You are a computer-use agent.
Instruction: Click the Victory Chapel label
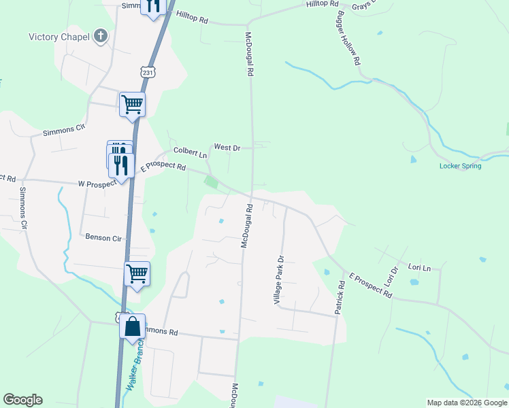coord(59,37)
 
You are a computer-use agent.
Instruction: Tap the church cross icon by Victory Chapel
coord(101,36)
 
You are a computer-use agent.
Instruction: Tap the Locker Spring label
coord(461,166)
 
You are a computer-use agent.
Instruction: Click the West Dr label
coord(227,147)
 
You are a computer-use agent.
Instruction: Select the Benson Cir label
coord(103,237)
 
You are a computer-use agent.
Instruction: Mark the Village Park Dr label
coord(278,279)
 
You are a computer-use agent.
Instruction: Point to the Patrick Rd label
coord(339,298)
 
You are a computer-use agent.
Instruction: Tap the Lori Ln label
coord(418,268)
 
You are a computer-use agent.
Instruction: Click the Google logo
coord(22,400)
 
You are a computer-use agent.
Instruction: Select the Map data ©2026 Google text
coord(466,403)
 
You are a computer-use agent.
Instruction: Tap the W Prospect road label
coord(95,184)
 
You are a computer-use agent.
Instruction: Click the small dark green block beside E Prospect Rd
coord(212,182)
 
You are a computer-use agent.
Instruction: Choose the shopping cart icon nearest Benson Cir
coord(137,273)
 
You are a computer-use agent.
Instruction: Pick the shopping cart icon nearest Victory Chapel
coord(132,104)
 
